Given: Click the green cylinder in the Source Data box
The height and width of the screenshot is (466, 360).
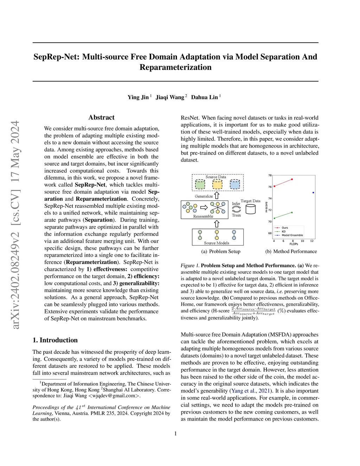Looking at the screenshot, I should (x=200, y=184).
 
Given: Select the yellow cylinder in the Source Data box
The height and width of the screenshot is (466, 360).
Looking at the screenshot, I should (x=217, y=184).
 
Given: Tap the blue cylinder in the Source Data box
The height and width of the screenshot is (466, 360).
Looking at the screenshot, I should (x=235, y=184).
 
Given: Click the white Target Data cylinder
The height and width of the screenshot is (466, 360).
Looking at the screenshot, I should (x=251, y=209).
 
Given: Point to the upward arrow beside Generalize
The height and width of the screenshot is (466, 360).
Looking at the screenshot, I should (x=217, y=196).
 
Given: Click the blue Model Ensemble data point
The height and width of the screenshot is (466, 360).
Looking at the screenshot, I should (x=313, y=192).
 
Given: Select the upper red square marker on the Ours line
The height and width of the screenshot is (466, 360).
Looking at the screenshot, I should (x=292, y=180).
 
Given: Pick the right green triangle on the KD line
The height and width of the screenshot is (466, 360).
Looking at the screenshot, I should (x=292, y=212).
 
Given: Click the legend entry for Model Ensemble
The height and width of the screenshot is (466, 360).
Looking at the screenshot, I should (x=292, y=235).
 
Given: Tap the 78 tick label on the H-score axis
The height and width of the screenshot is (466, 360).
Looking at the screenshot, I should (x=270, y=175).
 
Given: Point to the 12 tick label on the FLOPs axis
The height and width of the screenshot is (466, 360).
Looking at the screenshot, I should (x=312, y=241).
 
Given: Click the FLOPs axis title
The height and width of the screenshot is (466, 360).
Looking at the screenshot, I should (x=294, y=244).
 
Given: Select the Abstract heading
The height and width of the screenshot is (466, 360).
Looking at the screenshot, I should (x=101, y=117).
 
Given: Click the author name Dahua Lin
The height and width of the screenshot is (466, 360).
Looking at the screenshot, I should (x=204, y=97).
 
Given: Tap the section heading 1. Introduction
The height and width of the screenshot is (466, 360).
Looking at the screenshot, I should (x=55, y=340).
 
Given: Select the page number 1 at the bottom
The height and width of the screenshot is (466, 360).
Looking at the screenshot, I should (x=175, y=434).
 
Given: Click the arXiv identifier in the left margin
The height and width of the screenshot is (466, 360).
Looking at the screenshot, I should (x=15, y=225).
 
